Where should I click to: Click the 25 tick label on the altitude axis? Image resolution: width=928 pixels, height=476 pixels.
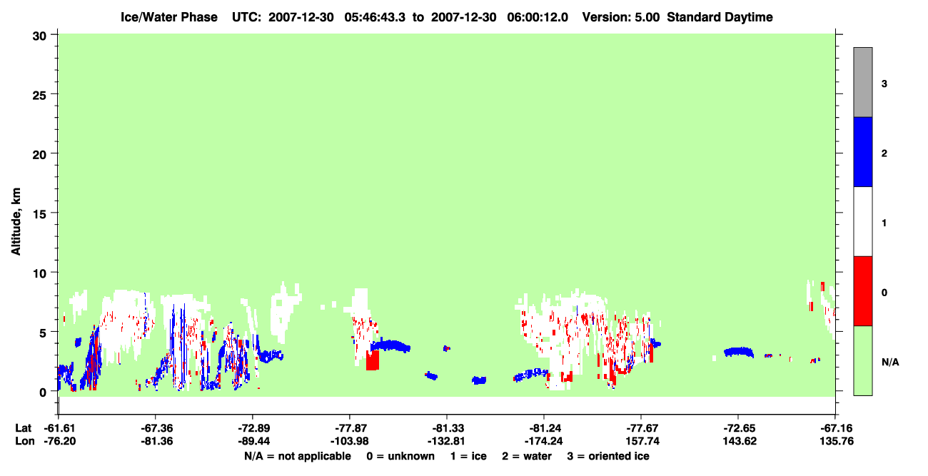[39, 96]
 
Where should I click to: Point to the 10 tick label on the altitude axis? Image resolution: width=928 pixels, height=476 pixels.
[39, 274]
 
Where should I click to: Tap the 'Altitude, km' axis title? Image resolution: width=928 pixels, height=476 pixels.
[16, 222]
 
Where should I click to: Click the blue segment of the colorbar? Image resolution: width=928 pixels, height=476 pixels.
[862, 151]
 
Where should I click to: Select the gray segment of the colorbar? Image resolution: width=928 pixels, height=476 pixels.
[862, 82]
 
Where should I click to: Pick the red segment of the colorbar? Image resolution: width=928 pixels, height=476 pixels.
[862, 291]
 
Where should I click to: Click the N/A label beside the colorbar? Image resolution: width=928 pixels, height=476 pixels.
[890, 363]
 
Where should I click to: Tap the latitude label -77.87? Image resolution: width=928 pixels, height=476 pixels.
[350, 428]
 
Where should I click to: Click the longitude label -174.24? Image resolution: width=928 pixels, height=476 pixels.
[543, 441]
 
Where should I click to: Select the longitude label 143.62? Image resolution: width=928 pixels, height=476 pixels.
[740, 441]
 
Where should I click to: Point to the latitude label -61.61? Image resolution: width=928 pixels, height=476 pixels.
[60, 428]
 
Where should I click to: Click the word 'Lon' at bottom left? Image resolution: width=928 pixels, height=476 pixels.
[25, 441]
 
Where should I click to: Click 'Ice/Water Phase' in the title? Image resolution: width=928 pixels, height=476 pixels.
[169, 17]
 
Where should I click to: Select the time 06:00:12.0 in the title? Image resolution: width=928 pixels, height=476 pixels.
[538, 17]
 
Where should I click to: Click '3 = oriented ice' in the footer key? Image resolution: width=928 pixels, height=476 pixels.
[608, 457]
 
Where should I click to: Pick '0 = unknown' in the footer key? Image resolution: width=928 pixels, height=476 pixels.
[400, 457]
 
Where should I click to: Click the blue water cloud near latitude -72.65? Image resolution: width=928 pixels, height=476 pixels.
[739, 352]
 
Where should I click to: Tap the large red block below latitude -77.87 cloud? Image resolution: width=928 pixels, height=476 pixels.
[373, 360]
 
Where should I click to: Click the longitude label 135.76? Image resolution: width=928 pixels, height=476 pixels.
[837, 441]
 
